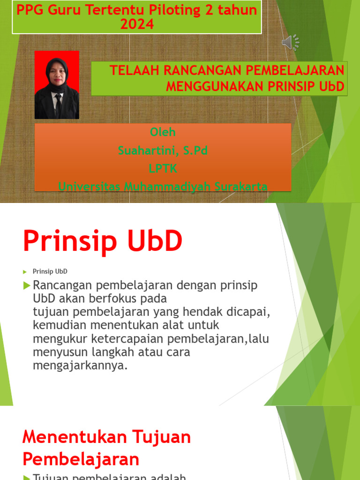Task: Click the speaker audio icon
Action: coord(290,43)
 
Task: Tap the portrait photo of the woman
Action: coord(57,85)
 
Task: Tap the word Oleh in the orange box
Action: coord(163,132)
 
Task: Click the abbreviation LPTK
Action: coord(163,168)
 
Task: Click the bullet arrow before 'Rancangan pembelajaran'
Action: coord(27,285)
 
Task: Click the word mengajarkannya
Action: coord(80,366)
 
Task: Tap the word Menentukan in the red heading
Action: coord(67,437)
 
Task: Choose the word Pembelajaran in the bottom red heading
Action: coord(81,458)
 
